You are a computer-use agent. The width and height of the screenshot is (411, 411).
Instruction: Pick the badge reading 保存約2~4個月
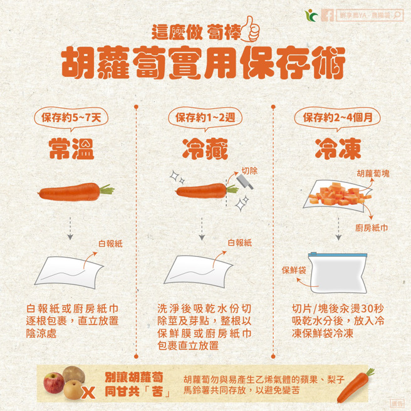coord(341,117)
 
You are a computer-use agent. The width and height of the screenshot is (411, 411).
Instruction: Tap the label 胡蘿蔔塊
coord(372,173)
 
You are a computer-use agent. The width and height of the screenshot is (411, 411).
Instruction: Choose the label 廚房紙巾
coord(371,227)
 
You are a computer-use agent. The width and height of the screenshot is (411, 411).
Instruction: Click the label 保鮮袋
coord(293,269)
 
